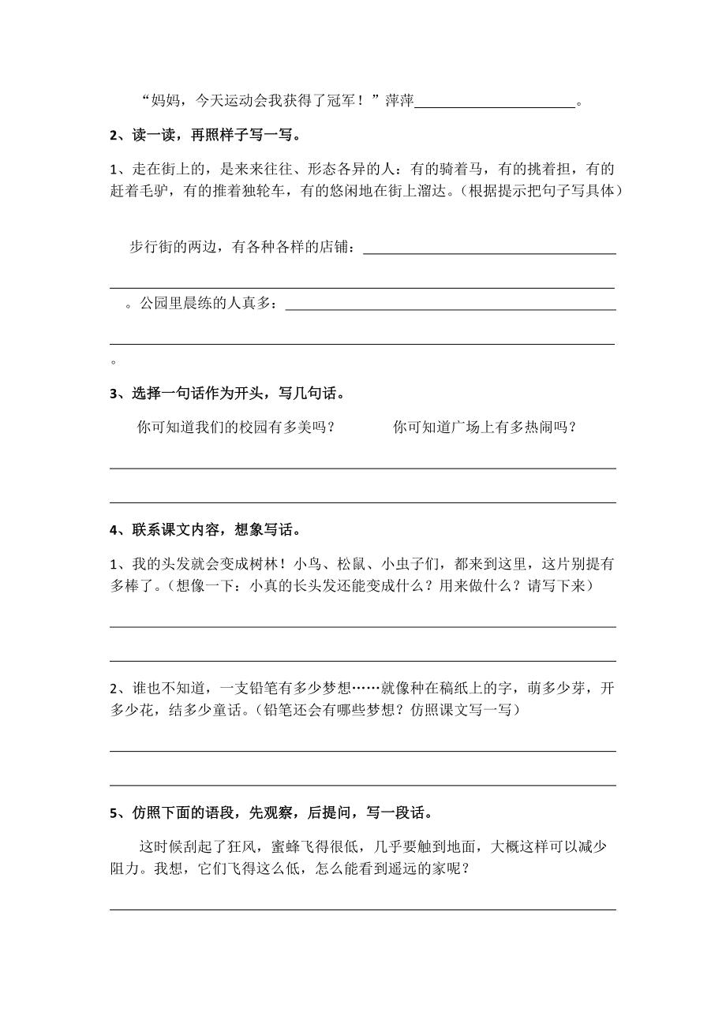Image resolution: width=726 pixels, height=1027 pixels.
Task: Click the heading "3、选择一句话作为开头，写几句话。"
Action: point(227,393)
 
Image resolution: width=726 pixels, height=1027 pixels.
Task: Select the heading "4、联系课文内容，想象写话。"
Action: point(206,530)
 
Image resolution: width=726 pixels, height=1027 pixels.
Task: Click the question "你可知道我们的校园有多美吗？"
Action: point(236,428)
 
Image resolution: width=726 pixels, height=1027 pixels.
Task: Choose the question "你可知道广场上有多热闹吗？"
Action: point(485,428)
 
